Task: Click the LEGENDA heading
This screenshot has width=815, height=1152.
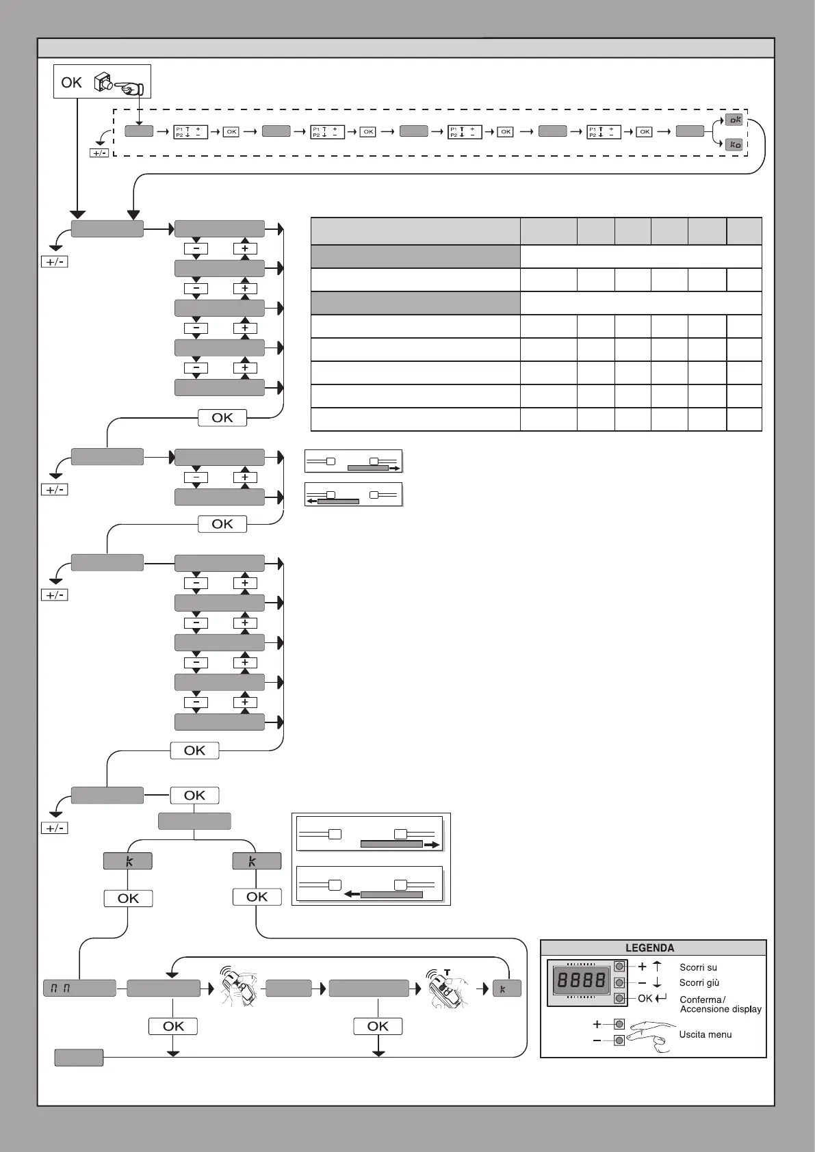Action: click(649, 948)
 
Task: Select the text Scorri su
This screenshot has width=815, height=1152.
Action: click(698, 967)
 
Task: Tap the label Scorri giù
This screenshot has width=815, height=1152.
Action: click(699, 983)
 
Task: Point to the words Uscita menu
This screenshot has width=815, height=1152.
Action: click(705, 1034)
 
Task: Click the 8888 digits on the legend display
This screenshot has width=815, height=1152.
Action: click(582, 981)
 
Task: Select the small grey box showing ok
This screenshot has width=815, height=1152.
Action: click(734, 120)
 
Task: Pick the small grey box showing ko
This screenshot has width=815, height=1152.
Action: click(734, 145)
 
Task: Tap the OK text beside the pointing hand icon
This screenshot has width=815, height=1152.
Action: click(71, 83)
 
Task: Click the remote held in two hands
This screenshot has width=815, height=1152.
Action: click(240, 988)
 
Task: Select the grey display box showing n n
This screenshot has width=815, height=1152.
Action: click(79, 988)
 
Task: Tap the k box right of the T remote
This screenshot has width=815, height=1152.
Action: click(506, 989)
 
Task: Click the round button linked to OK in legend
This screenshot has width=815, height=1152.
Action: click(620, 999)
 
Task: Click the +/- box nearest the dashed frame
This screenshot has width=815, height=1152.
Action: click(99, 153)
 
